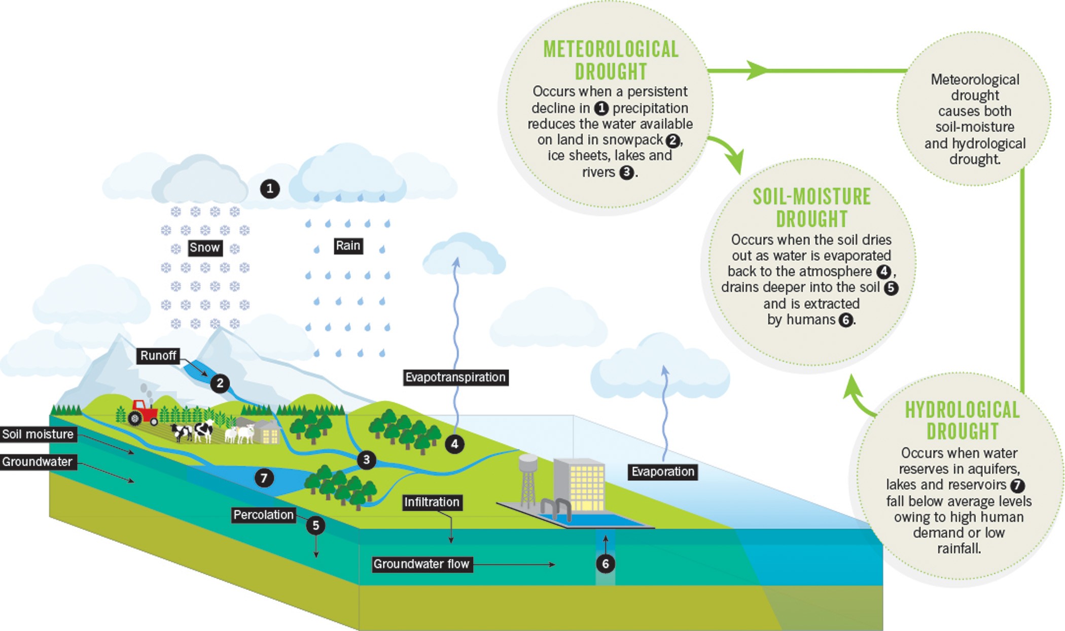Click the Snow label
coord(205,248)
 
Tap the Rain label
coord(348,246)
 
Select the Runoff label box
coord(158,356)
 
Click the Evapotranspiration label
coord(455,377)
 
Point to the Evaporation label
coord(662,472)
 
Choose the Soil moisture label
coord(38,434)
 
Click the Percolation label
coord(263,515)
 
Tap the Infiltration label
coord(432,502)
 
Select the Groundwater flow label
coord(421,564)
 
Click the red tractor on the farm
coord(144,412)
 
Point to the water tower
coord(528,479)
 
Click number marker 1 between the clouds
coord(270,189)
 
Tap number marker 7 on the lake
coord(264,478)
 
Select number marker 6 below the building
coord(606,564)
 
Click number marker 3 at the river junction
coord(366,460)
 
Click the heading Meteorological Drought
coord(611,60)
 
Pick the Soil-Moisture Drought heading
coord(811,207)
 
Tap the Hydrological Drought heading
coord(962,420)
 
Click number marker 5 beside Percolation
coord(315,525)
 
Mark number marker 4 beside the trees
coord(454,444)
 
